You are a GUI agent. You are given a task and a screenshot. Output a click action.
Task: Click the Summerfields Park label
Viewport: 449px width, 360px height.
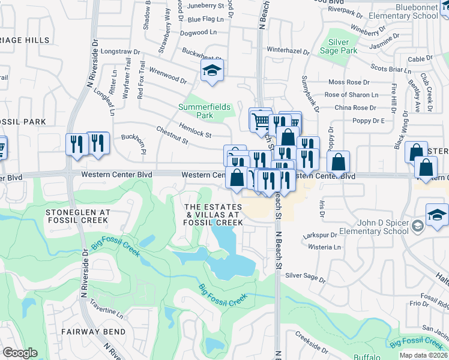pos(205,111)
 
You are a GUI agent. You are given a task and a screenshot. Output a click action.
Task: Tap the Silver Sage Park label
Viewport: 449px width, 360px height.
pos(342,47)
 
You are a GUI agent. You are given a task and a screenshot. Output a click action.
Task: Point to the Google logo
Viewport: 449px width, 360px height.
pos(20,353)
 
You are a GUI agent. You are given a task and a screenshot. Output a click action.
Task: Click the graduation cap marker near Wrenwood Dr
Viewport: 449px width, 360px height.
pos(212,71)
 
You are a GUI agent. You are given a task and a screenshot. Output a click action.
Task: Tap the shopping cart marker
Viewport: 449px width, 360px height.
pos(261,120)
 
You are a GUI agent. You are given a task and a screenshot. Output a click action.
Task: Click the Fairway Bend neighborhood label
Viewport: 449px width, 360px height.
pos(94,331)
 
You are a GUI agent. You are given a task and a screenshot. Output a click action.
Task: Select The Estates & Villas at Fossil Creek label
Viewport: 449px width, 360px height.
pos(214,214)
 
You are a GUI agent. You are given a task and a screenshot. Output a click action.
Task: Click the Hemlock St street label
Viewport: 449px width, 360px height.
pos(194,130)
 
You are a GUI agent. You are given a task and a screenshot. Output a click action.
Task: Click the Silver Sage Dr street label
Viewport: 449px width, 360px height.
pos(306,277)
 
